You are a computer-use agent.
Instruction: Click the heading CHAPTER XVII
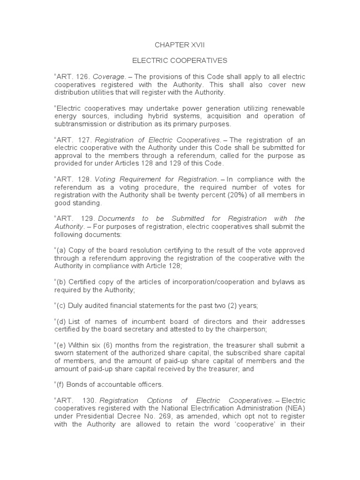coord(180,45)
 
